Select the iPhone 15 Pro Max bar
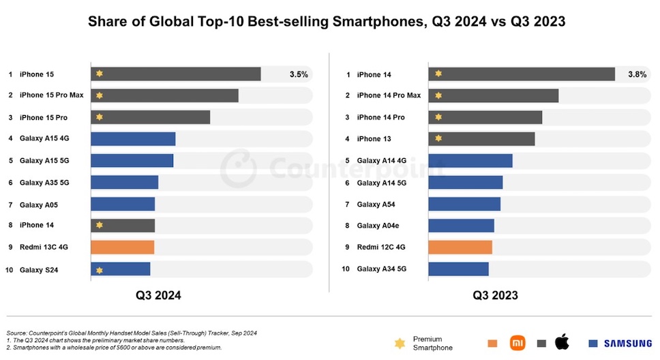click(x=164, y=95)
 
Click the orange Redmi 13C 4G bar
click(x=123, y=247)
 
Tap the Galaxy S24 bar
click(x=121, y=269)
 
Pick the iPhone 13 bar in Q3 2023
click(x=481, y=139)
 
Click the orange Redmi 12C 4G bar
click(x=460, y=247)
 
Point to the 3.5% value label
click(x=299, y=74)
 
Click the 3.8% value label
click(x=637, y=74)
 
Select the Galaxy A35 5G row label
click(x=44, y=182)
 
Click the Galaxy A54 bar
click(x=464, y=204)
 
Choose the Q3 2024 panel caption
click(x=157, y=295)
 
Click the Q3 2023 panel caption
click(x=496, y=295)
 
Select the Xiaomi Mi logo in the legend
click(x=520, y=343)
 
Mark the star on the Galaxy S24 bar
click(x=100, y=270)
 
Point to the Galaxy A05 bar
click(x=123, y=204)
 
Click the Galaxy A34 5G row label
click(x=382, y=269)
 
